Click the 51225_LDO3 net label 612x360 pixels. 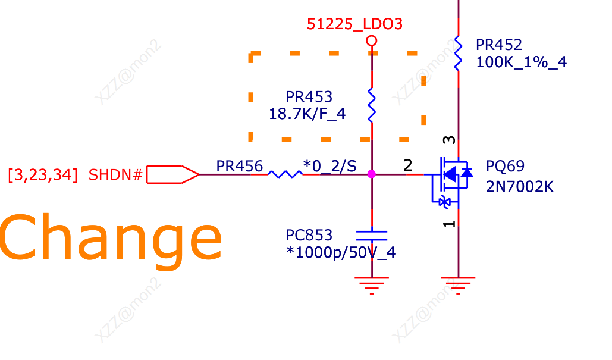354,24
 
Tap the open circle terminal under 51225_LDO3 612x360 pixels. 372,41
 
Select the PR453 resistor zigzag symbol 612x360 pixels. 372,104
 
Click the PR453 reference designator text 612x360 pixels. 309,96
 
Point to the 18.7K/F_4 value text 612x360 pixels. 307,114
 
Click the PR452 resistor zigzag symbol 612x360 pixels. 458,52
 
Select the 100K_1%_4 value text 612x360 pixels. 521,62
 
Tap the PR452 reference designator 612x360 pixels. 498,45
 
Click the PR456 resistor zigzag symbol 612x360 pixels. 285,174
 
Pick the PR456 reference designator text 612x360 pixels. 239,166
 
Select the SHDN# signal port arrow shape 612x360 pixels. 172,174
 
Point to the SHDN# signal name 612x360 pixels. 115,175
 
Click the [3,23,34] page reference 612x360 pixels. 42,175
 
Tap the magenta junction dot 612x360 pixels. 372,174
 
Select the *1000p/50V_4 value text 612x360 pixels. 341,252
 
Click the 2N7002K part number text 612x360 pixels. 519,187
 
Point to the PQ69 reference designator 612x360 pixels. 505,166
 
